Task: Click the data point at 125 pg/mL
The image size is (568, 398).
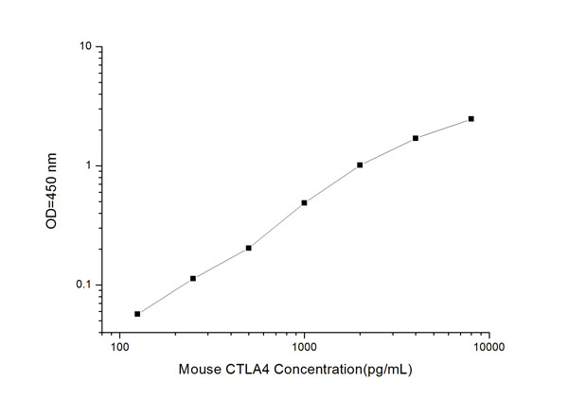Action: click(137, 314)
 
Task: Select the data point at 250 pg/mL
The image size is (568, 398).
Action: click(193, 278)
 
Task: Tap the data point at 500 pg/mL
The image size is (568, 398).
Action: click(248, 248)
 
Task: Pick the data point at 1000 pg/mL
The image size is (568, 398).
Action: click(304, 202)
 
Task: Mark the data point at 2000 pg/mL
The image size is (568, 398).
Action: click(360, 164)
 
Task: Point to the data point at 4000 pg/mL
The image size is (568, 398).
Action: click(416, 138)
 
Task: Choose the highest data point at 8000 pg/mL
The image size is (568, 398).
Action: click(470, 119)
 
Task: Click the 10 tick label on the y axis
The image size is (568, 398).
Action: click(84, 46)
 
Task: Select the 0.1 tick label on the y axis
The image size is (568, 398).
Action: click(83, 286)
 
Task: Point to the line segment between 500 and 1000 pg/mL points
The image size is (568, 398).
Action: click(276, 225)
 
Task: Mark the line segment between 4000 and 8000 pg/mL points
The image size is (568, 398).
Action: click(443, 129)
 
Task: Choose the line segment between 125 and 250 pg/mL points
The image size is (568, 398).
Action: click(166, 296)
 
